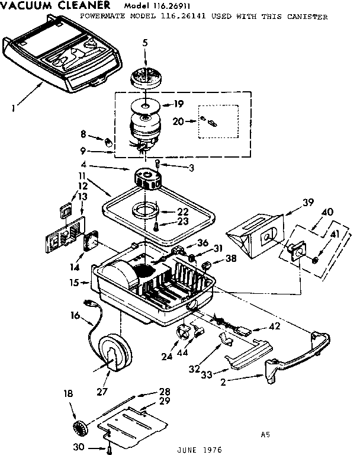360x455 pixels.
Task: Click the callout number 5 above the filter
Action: (145, 43)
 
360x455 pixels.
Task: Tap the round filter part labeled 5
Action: (146, 77)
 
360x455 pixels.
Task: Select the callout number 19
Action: (178, 104)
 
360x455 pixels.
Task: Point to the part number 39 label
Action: (308, 202)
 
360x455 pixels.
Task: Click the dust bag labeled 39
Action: (255, 235)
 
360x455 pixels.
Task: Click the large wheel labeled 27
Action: (114, 353)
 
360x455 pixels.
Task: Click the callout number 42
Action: (275, 326)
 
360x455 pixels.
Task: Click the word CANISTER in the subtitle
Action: (307, 17)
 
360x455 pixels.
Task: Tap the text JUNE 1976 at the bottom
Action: (200, 450)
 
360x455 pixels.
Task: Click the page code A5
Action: (265, 434)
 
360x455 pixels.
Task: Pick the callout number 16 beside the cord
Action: (75, 315)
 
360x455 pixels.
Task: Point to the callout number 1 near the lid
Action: (14, 108)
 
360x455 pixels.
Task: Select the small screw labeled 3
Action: (157, 164)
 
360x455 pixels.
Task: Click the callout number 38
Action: (231, 258)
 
